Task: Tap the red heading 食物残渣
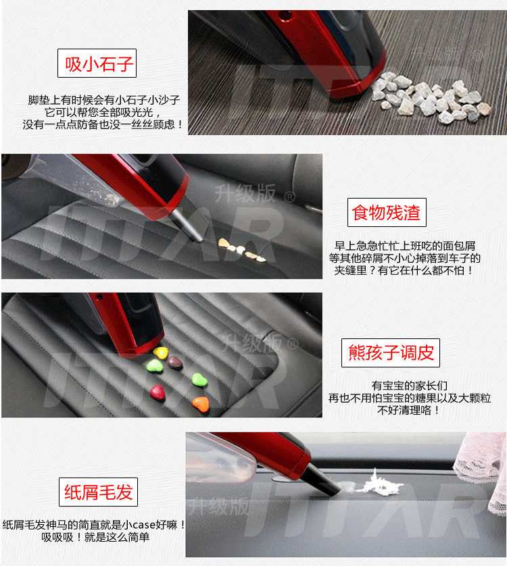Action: [386, 213]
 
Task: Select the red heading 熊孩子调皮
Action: [391, 353]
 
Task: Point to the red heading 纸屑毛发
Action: [99, 492]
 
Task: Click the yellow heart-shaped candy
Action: [160, 353]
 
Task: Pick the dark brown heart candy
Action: [175, 362]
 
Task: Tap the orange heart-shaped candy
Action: [201, 404]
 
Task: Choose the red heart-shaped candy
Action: [158, 392]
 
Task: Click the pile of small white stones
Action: [431, 97]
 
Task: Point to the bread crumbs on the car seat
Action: [241, 250]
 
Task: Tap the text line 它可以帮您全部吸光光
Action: [103, 112]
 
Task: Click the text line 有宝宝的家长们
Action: [410, 386]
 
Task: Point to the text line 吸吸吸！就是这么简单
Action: [95, 537]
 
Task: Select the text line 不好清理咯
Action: [408, 410]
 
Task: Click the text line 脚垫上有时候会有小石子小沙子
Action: [104, 100]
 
